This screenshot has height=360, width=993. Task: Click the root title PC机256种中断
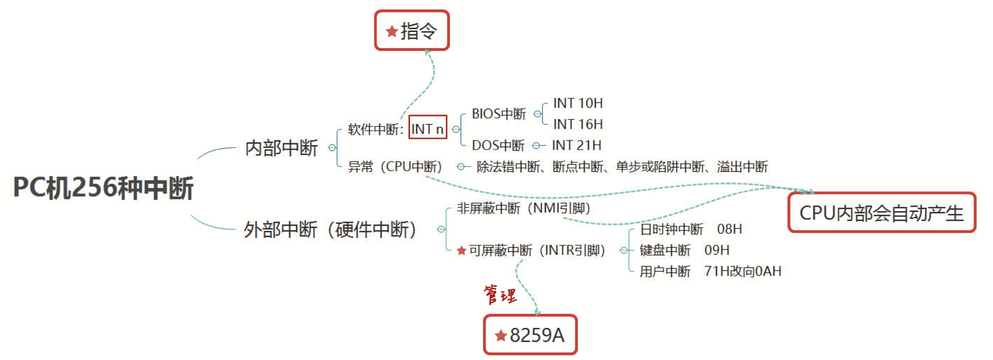(103, 188)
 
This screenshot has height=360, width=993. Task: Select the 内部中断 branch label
(281, 148)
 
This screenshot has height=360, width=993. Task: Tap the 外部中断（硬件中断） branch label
(329, 229)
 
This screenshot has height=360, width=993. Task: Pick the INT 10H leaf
(578, 103)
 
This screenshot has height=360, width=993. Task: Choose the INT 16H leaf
(578, 124)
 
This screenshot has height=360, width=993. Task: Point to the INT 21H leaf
(576, 145)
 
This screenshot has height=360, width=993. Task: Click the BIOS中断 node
(499, 114)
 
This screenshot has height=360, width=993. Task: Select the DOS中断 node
(498, 145)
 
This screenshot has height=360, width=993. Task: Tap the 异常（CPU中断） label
(395, 166)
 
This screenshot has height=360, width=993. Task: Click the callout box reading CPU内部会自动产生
(881, 213)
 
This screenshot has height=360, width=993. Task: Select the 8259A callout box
(530, 335)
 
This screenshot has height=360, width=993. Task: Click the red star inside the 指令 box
(392, 31)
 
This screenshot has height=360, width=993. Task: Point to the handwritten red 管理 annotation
(500, 295)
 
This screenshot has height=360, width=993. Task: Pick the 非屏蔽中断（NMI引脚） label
(524, 208)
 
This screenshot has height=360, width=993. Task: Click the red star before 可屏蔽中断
(461, 251)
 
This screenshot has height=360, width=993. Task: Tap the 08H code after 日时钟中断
(729, 229)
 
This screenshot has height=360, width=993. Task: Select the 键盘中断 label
(665, 250)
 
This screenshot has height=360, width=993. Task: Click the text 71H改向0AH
(743, 271)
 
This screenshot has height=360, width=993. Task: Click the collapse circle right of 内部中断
(332, 148)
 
